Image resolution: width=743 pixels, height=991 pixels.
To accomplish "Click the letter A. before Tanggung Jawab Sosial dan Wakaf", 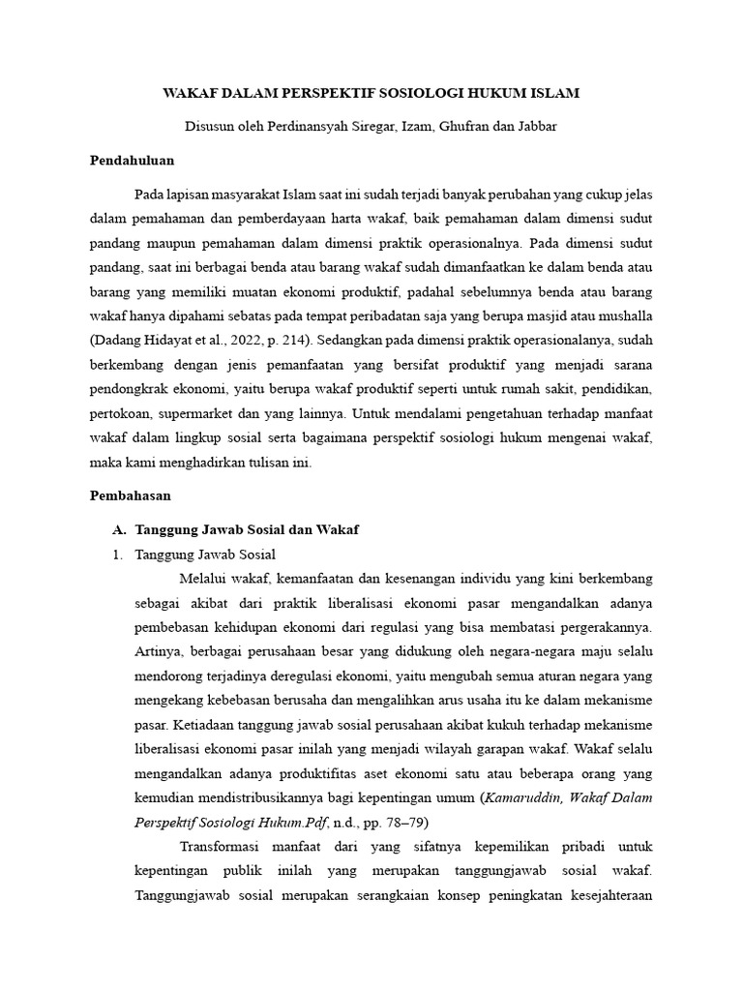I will click(x=120, y=529).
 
